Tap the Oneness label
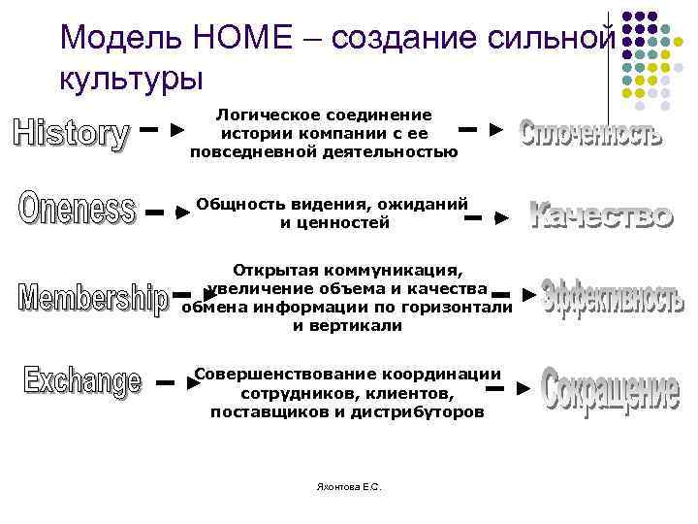77,209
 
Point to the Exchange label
82,379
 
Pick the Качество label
601,214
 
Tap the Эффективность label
612,298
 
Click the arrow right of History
163,127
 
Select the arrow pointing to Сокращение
509,388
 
